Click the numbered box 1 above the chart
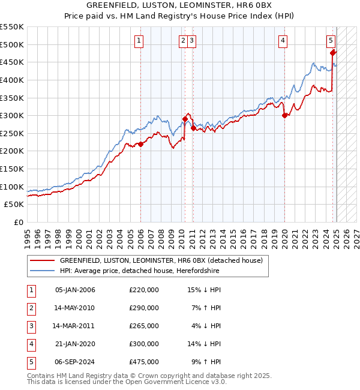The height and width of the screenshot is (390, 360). point(139,41)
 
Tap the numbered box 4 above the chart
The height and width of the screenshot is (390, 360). point(282,41)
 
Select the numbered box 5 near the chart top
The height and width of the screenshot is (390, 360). point(331,41)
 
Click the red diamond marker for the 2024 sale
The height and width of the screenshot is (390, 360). point(332,53)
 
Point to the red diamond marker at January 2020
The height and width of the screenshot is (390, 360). point(284,115)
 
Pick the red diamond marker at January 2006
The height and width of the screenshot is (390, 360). point(140,144)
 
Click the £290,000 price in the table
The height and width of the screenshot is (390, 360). point(144,308)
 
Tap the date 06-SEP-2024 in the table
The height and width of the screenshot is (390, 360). point(75,362)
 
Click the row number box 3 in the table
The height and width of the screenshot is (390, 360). point(30,326)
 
